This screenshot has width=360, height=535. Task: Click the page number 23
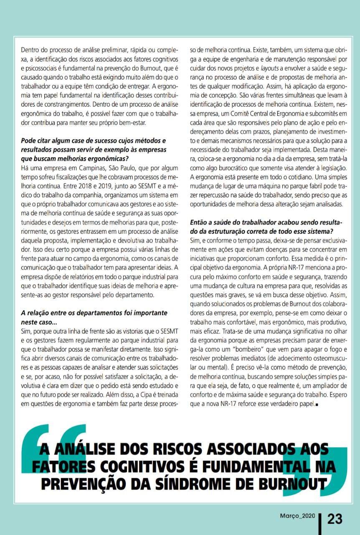(335, 519)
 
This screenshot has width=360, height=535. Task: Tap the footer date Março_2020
(297, 516)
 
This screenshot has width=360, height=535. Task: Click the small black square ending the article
(317, 405)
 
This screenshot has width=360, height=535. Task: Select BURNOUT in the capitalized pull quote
(294, 484)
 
